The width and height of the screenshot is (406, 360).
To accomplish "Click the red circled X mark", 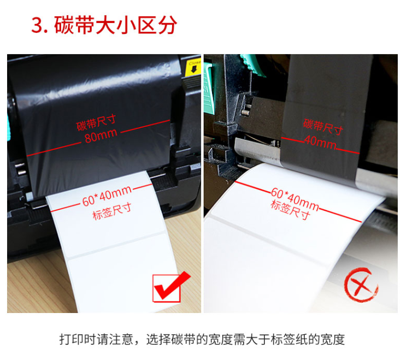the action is [361, 285].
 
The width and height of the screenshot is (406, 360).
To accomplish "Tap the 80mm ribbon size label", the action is [101, 135].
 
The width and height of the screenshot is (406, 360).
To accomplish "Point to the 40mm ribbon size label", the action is [320, 142].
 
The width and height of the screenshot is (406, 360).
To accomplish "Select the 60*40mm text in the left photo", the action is [107, 197].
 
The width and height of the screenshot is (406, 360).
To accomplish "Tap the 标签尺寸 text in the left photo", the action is [112, 212].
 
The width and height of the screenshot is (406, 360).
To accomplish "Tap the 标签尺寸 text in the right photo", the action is [290, 210].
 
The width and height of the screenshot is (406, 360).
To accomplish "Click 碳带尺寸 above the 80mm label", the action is [96, 122].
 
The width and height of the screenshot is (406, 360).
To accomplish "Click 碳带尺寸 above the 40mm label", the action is [323, 127].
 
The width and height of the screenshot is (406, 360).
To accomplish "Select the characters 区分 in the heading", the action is [157, 25].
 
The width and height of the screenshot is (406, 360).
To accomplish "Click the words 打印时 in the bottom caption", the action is [78, 339].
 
